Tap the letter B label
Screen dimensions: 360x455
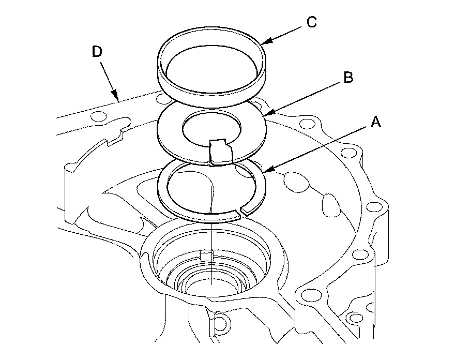tap(348, 78)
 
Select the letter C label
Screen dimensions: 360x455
tap(311, 22)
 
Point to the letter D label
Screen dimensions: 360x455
tap(96, 52)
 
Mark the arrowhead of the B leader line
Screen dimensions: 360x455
tap(264, 113)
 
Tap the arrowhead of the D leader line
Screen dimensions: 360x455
tap(118, 100)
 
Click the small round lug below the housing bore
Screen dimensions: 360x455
tap(220, 323)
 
